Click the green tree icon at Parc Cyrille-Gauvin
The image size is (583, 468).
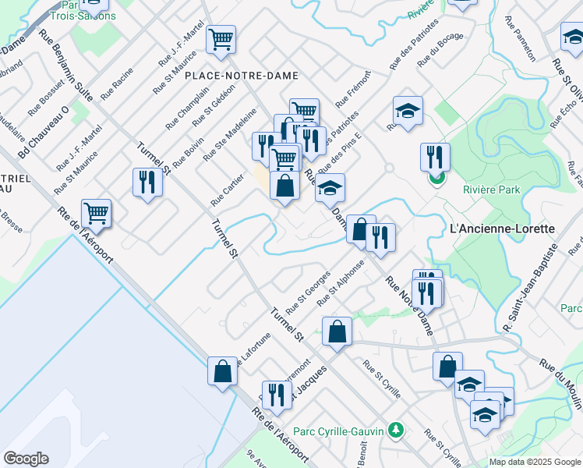396,429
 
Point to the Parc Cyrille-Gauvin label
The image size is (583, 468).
340,430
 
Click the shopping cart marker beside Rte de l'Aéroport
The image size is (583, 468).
96,212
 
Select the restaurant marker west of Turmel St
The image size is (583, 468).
147,183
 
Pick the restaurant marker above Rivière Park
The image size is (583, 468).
435,157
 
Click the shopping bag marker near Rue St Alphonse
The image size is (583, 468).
336,331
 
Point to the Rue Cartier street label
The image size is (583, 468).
227,190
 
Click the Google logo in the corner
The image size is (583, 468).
26,459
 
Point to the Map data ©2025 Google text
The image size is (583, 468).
535,462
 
